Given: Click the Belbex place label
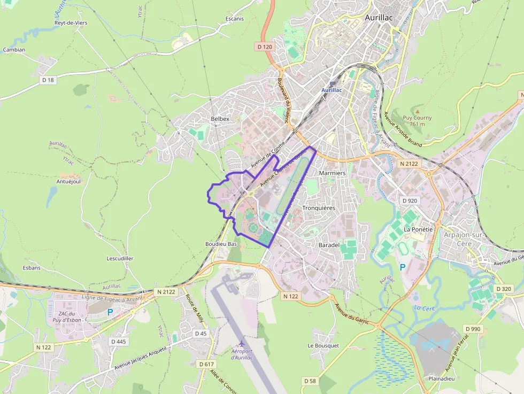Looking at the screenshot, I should coord(220,119).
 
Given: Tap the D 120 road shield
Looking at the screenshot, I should coord(265,47).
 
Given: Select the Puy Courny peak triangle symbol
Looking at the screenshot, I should coord(417,111).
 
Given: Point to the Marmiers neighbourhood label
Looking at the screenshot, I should coord(332,173).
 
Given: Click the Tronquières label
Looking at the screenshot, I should coord(319,208).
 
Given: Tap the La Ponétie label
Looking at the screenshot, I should coord(418,229).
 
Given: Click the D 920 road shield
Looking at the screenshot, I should coord(409,200).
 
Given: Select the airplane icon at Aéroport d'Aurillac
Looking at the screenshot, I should coord(242,343).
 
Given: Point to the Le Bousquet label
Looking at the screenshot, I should coord(323,346).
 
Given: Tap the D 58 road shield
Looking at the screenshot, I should coord(309,381).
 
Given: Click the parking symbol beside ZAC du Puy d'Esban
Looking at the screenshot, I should coord(111,312).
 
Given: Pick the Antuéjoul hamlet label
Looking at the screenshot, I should coord(68,181).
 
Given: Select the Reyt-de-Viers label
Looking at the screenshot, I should coord(71,23).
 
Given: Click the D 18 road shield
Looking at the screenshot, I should coord(48,80).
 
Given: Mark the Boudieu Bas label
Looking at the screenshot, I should coord(221,244).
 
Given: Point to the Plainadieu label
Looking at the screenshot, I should coord(441,378).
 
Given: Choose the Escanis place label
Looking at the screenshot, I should coord(234,19).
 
